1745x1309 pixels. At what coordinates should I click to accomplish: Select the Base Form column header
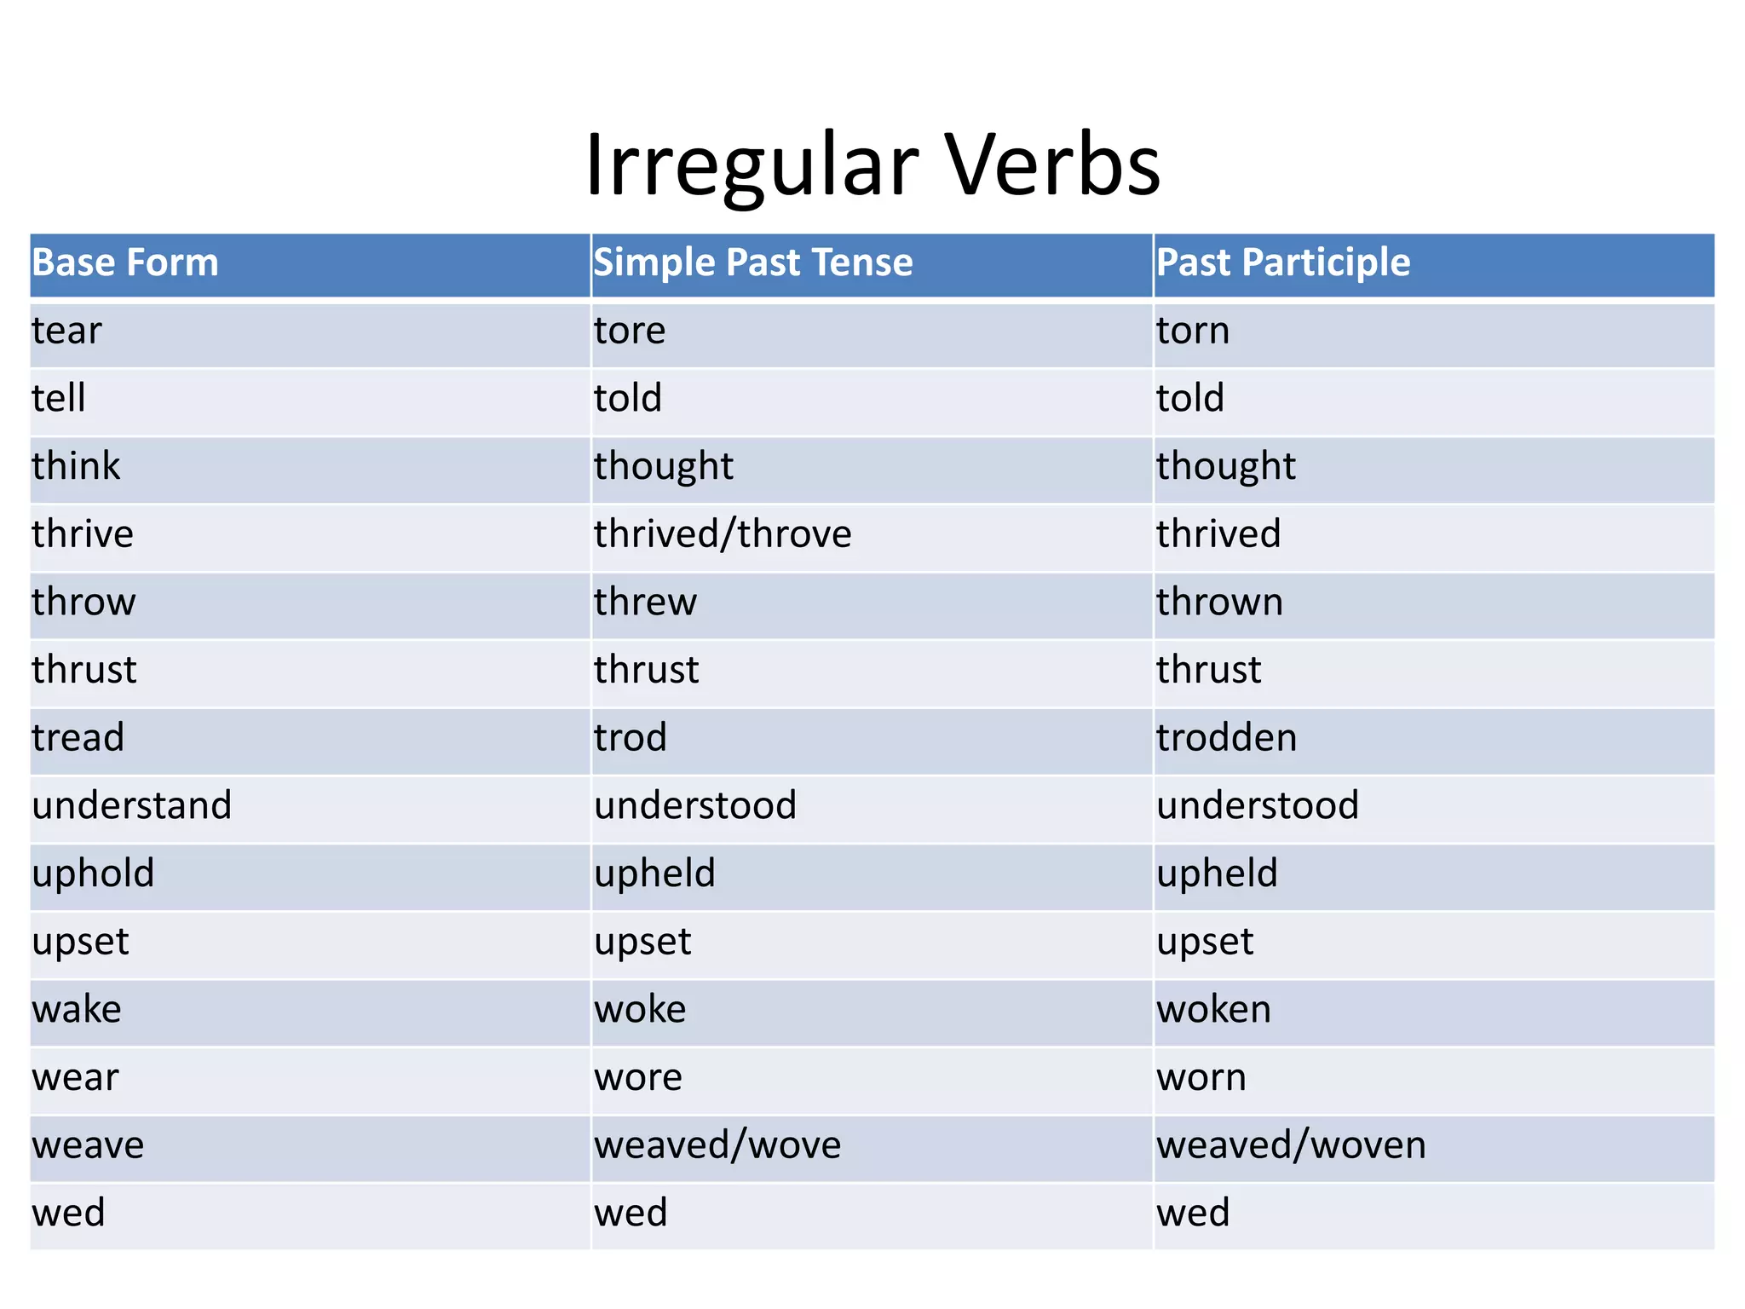125,262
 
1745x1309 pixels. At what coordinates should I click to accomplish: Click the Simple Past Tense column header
753,262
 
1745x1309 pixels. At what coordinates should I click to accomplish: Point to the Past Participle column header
1283,262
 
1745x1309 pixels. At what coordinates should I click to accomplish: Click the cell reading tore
630,331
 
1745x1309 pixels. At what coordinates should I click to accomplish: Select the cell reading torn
1193,331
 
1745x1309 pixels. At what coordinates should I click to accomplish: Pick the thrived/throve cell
723,534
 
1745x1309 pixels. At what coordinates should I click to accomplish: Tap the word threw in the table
645,603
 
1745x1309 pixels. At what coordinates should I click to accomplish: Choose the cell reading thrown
1219,603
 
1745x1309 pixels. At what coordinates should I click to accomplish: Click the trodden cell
1226,738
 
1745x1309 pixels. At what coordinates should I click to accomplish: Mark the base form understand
132,806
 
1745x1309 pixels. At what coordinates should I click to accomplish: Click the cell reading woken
1213,1010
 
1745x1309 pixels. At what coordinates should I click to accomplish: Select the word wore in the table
638,1078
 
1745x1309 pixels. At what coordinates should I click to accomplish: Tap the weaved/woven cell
1291,1145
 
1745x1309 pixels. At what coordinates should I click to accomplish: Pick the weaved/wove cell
717,1145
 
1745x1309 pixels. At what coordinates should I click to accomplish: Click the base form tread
78,738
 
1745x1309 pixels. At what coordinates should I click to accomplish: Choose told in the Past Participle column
1190,399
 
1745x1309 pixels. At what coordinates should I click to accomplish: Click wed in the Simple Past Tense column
631,1214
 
